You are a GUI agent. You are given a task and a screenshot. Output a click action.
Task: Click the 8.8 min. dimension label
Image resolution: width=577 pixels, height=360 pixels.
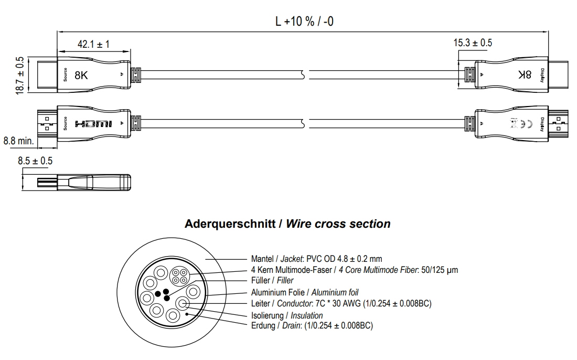(18, 141)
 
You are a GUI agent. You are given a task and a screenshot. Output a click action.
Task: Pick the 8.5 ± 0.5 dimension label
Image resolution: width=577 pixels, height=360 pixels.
(35, 161)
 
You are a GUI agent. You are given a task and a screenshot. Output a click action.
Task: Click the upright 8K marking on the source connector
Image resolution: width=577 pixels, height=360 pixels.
(82, 75)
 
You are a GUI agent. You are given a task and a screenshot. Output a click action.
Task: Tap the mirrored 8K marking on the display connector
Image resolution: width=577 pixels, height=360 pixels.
(525, 75)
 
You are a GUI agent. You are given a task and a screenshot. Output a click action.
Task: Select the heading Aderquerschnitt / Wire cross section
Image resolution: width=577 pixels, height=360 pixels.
(287, 224)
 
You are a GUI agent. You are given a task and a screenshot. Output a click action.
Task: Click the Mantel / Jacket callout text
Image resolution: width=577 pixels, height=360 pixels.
(317, 259)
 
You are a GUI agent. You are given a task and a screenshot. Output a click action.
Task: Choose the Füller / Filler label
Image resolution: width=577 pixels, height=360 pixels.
(272, 281)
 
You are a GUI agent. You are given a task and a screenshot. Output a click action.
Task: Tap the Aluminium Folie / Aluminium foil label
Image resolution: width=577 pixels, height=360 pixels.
(305, 292)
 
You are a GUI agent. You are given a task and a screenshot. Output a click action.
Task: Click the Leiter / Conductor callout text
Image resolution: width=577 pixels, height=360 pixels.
(341, 303)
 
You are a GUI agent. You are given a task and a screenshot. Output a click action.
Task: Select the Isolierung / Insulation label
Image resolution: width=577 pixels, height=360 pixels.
(287, 315)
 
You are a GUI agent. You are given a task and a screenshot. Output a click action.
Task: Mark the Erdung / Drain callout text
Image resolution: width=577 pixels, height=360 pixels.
(312, 325)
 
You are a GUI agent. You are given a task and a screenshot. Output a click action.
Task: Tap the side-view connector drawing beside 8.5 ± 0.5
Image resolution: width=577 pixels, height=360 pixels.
(84, 182)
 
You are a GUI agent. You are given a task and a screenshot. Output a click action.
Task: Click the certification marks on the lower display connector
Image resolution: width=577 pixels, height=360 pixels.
(516, 124)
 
